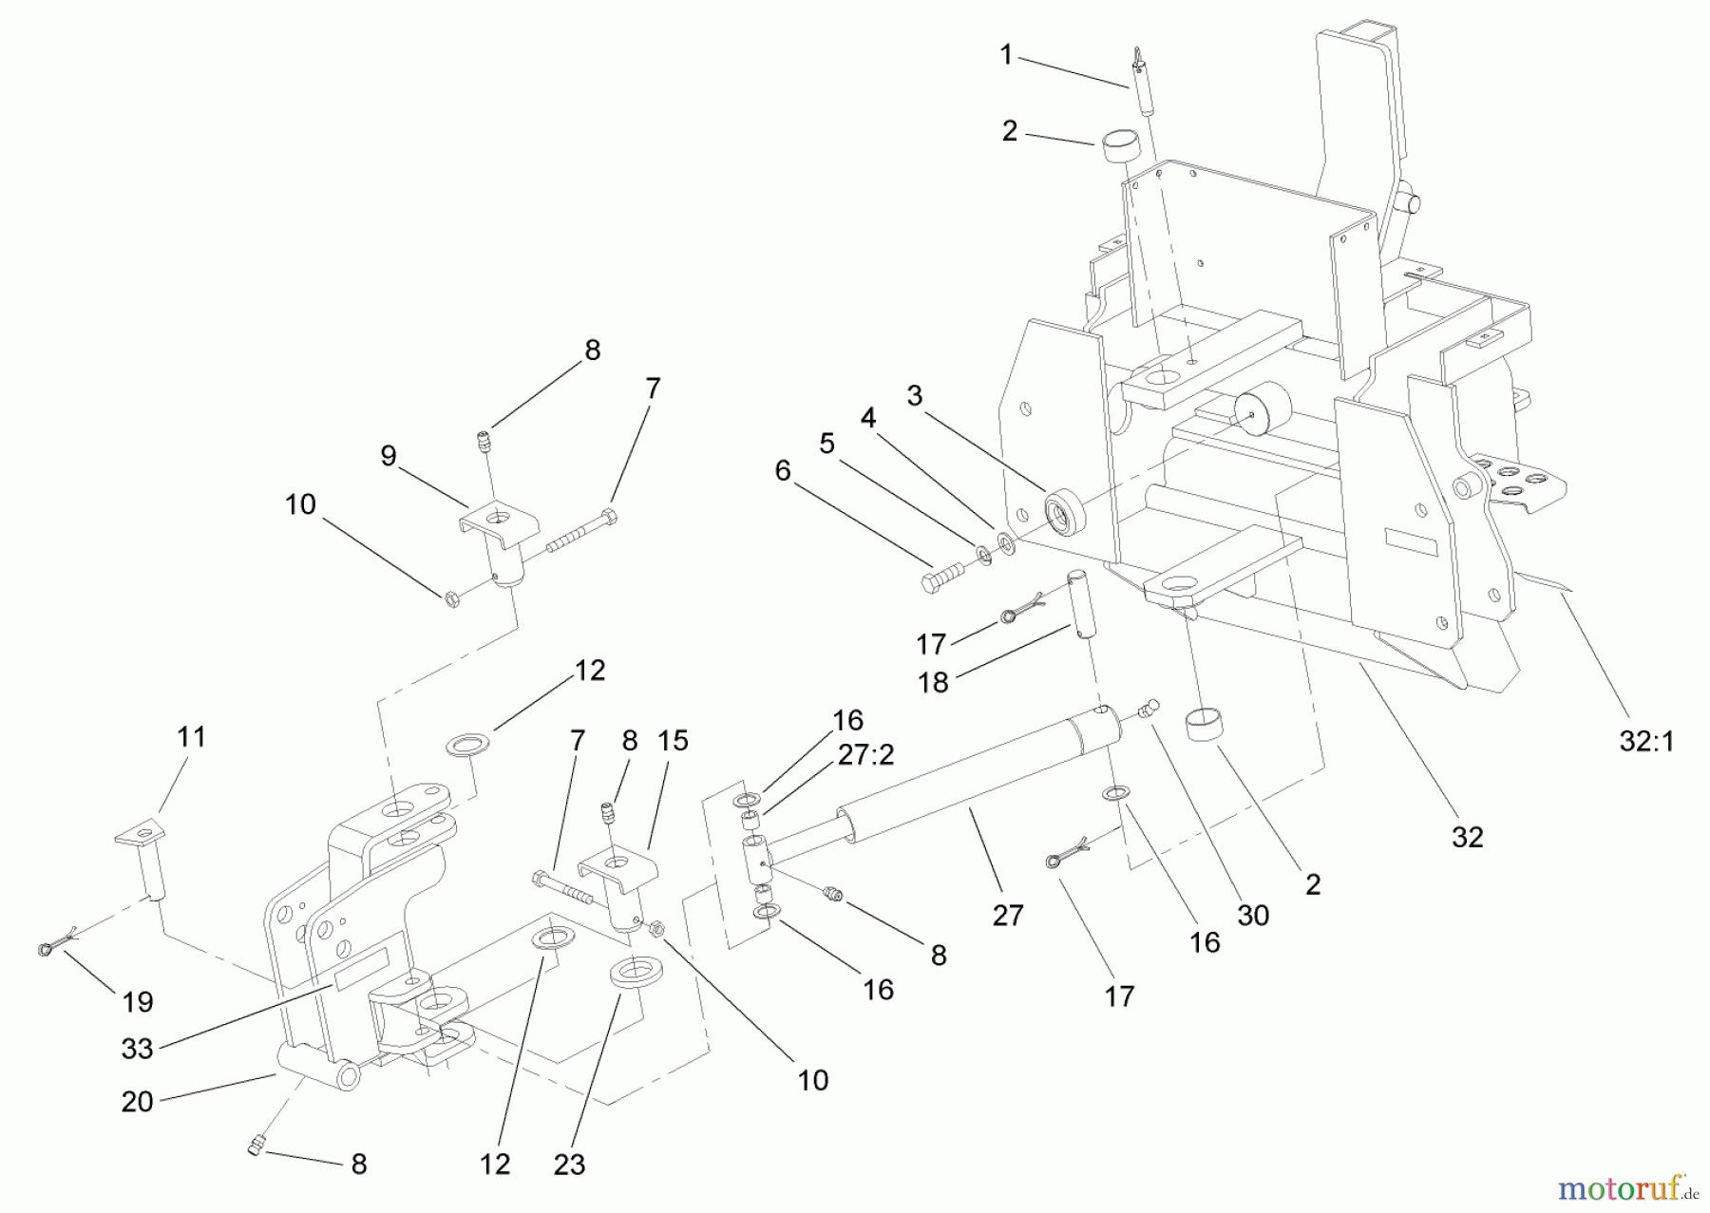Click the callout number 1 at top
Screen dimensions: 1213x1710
[1006, 55]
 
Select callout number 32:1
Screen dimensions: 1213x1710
[1645, 742]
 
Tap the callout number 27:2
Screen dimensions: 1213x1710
[865, 754]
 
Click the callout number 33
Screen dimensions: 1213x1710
[138, 1049]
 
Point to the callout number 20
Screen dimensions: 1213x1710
[138, 1102]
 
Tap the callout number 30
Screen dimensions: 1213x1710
[1253, 915]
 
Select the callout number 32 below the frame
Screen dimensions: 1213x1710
[1467, 837]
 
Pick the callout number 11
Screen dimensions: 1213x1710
[191, 736]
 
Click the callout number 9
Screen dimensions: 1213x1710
[388, 456]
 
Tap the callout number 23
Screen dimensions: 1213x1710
[569, 1165]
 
